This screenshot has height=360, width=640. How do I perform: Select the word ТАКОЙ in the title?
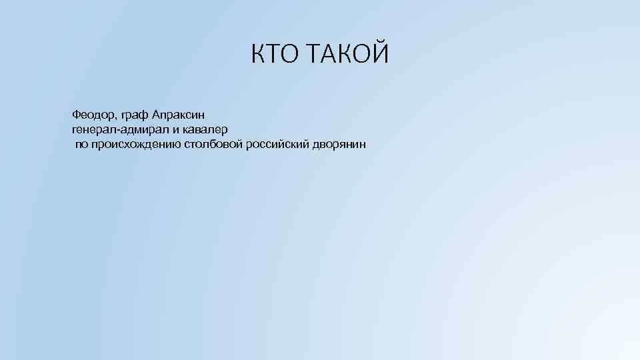349,54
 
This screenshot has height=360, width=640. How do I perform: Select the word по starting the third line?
81,144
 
